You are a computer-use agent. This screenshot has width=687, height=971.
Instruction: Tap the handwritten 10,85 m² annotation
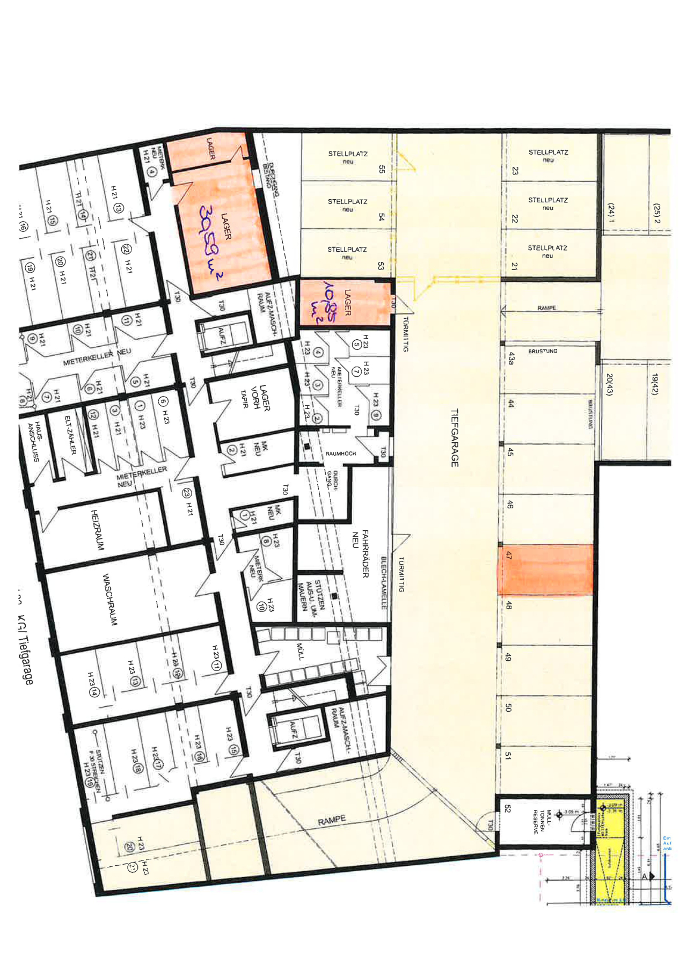coord(324,303)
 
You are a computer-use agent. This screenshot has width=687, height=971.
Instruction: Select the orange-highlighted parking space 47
coord(545,570)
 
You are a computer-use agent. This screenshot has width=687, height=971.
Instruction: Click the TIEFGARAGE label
coord(454,438)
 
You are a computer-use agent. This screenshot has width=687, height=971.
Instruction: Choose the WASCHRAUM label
coord(109,600)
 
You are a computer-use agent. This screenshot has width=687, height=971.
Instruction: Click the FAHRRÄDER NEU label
coord(360,553)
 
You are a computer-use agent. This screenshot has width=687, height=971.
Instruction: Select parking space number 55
coord(381,169)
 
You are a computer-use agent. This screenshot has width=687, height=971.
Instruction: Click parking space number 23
coord(515,171)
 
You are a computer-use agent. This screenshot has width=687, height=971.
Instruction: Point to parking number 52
coord(507,808)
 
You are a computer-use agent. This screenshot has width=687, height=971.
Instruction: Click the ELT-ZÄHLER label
coord(70,435)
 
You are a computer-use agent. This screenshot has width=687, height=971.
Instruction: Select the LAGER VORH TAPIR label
coord(254,398)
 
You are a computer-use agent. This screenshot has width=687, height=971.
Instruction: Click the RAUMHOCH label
coord(340,454)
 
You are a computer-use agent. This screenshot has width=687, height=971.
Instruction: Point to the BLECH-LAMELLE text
coord(383,582)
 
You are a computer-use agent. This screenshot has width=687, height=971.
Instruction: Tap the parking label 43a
coord(510,358)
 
